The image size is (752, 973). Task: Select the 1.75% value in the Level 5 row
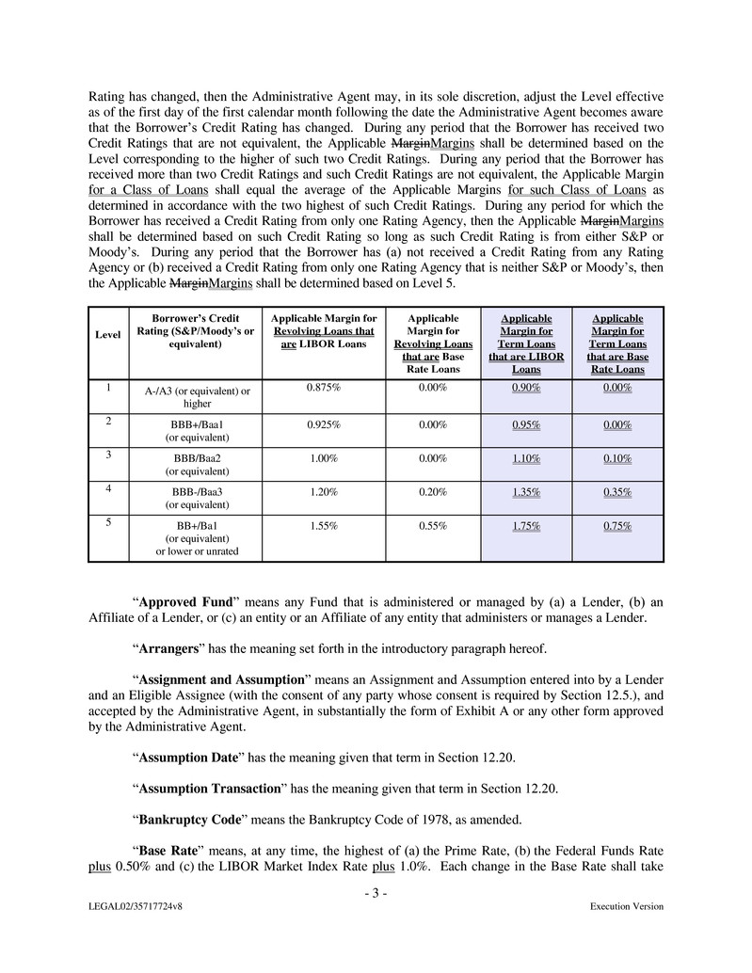coord(526,526)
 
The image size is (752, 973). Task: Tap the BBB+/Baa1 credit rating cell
coord(196,431)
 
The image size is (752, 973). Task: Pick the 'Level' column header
coord(107,335)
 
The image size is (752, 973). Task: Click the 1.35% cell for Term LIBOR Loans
coord(526,491)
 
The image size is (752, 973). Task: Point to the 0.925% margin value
coord(323,424)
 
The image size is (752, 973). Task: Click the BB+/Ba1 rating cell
coord(196,538)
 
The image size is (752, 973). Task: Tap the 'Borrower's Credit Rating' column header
coord(196,331)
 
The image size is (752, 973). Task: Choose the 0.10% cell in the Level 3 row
coord(616,458)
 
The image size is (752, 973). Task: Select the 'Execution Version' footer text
coord(626,907)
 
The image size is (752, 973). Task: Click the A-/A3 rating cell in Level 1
coord(196,397)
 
